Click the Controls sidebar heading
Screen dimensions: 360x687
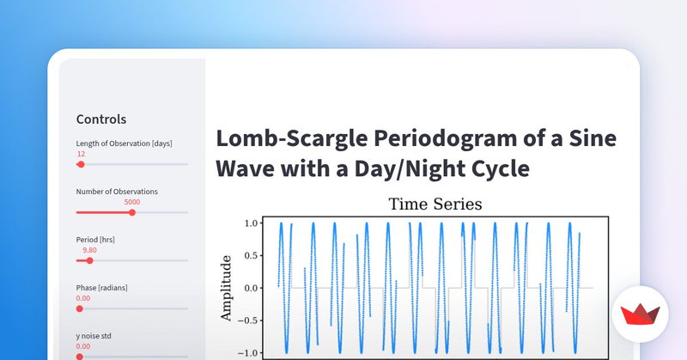(101, 119)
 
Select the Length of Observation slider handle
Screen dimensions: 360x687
(81, 164)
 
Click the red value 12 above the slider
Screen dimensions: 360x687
(81, 154)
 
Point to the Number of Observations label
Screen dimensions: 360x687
(117, 192)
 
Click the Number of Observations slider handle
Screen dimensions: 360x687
(131, 212)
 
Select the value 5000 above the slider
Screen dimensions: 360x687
(131, 202)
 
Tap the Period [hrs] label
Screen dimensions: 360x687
(95, 240)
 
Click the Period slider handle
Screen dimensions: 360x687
(89, 260)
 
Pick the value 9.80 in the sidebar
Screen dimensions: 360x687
(89, 250)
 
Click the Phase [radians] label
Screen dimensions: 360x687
(102, 288)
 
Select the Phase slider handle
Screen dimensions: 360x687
(80, 308)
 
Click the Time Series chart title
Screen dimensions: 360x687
(435, 204)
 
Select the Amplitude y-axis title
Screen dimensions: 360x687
(226, 288)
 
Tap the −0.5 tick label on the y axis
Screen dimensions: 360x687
(249, 320)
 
